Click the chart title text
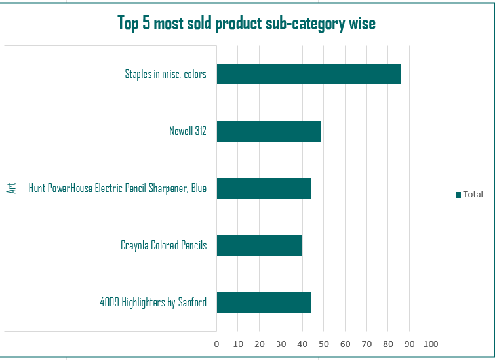[247, 24]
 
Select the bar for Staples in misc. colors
[308, 74]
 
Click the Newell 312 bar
[269, 131]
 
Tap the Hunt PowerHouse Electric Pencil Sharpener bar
[264, 189]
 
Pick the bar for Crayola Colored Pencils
[259, 246]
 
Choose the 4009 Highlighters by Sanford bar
[264, 303]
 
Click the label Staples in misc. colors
[166, 74]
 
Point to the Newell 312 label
[188, 131]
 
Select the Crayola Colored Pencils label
[163, 246]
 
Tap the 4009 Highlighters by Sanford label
[153, 303]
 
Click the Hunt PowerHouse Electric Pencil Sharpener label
[117, 189]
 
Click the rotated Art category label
[11, 188]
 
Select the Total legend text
[473, 194]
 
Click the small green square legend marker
[458, 195]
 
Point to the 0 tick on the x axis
[216, 344]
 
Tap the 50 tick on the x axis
[324, 344]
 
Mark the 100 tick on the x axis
[431, 344]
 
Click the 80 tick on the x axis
[388, 344]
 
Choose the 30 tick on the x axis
[281, 344]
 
